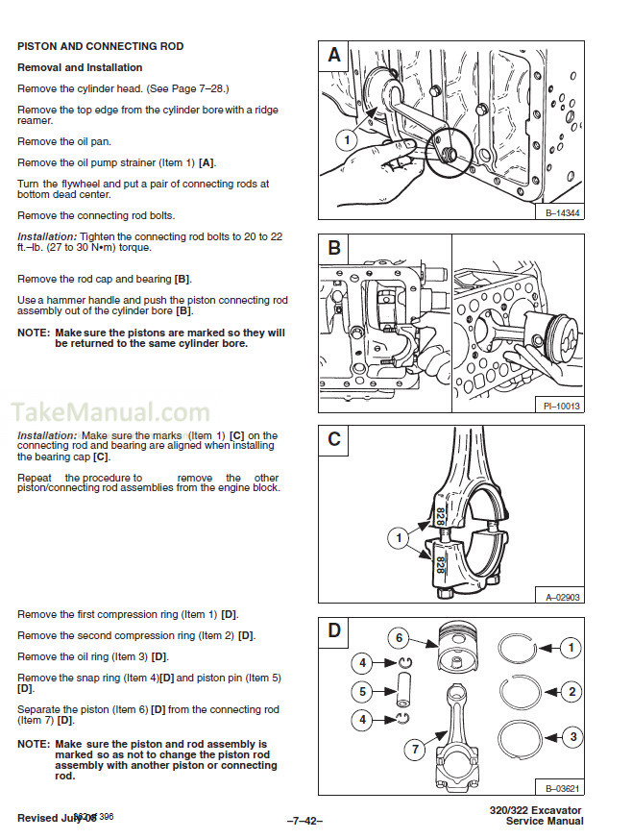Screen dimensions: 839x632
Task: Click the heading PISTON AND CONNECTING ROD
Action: coord(100,46)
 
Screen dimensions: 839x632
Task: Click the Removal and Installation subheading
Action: coord(80,67)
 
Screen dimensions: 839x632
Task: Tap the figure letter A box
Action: coord(333,56)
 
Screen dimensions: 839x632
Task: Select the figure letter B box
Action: coord(333,249)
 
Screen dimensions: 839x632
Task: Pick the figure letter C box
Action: coord(333,440)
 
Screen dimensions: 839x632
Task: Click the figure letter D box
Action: coord(333,631)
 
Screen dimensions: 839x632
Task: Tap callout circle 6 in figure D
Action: coord(399,637)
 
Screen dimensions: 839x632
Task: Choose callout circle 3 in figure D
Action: coord(571,737)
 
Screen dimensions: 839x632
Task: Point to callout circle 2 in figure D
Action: coord(571,691)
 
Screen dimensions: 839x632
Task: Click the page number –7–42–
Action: coord(304,820)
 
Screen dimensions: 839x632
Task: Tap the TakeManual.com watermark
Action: coord(109,413)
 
